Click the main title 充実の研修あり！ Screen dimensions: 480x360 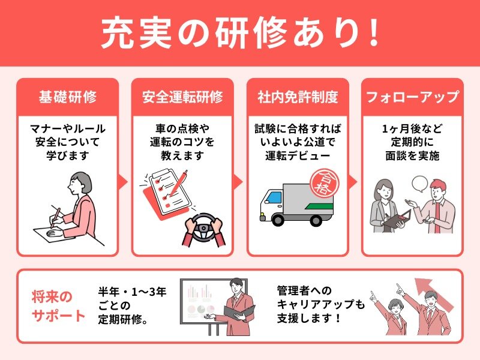point(241,33)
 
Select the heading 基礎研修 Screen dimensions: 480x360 point(68,97)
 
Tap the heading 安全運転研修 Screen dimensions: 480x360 point(182,97)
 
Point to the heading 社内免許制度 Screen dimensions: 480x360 point(298,97)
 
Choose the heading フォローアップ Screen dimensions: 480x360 point(413,97)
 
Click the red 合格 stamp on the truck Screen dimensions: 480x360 point(324,184)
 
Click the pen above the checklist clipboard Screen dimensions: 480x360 point(178,182)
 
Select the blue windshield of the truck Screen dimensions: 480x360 point(275,197)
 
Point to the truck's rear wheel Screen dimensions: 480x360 point(316,220)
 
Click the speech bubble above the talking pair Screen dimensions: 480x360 point(419,184)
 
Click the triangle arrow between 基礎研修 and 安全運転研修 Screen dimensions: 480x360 point(123,182)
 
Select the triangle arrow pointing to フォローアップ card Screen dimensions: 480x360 point(353,182)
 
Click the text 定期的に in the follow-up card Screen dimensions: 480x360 point(413,142)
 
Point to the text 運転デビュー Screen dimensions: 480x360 point(298,156)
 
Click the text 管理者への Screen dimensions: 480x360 point(304,290)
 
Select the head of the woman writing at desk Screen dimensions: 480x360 point(80,183)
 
